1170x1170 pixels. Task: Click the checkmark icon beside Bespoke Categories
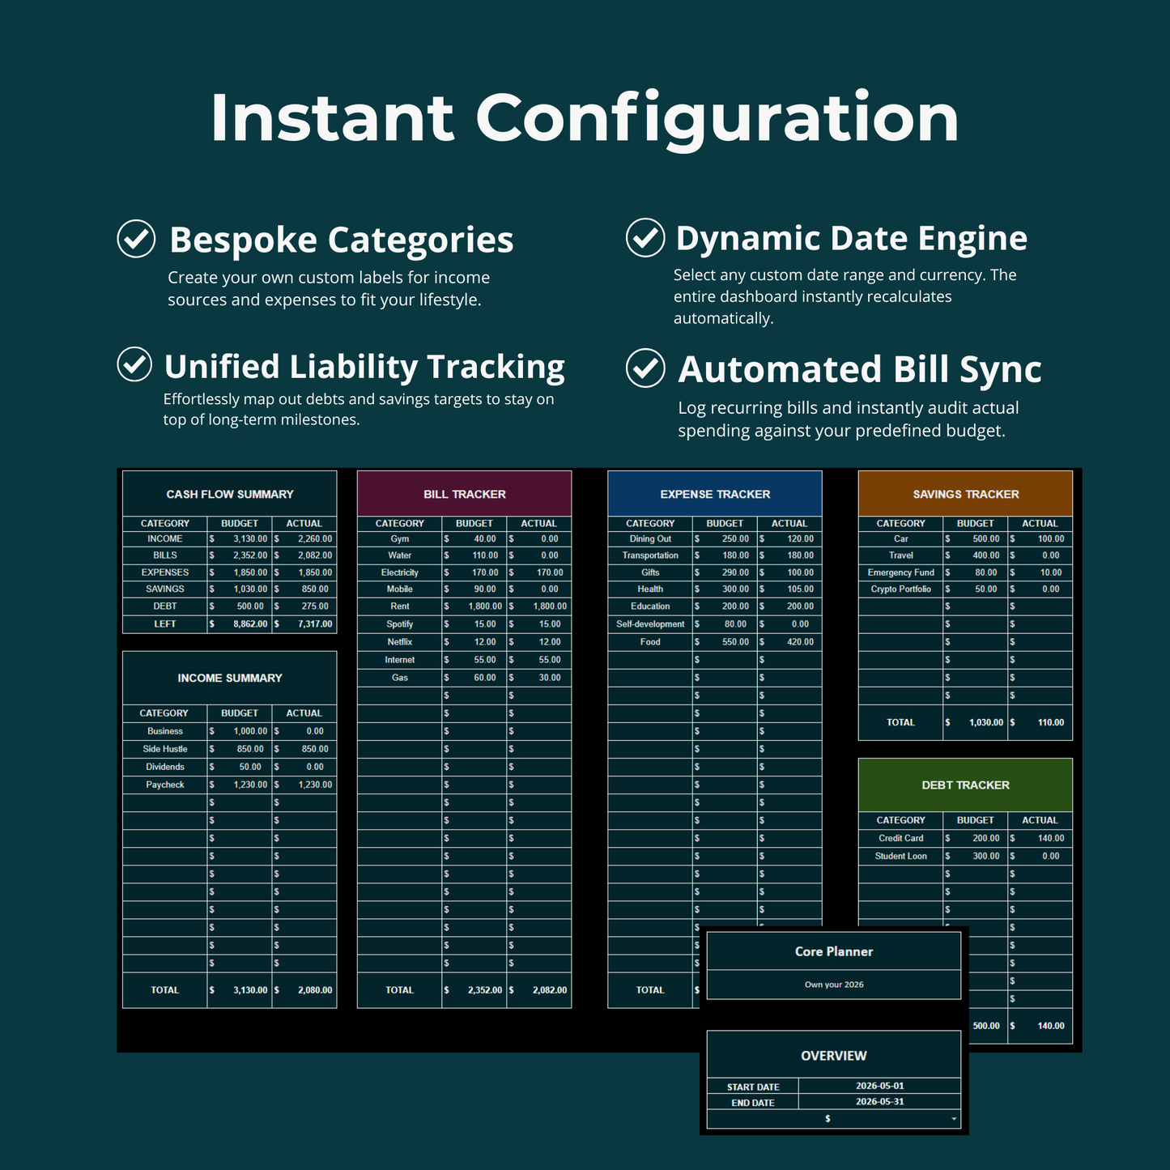point(136,239)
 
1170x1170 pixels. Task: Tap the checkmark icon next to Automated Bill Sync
point(645,368)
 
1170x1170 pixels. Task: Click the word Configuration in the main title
point(717,117)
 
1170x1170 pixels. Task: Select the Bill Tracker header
point(465,494)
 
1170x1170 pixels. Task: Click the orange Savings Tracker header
point(965,494)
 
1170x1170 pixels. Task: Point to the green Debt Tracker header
point(965,785)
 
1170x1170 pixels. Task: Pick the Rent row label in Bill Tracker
point(399,606)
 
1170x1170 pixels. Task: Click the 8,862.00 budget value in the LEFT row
point(250,623)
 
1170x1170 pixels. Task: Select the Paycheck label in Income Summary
point(164,785)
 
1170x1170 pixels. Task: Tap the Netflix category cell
point(399,642)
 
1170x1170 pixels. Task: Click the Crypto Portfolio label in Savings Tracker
point(900,589)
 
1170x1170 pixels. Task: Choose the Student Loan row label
point(900,856)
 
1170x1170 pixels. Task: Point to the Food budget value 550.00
point(735,642)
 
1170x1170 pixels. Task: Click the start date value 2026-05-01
point(880,1086)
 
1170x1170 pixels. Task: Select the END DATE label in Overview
point(753,1103)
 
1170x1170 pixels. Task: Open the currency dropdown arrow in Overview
point(954,1119)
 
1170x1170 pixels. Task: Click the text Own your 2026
point(834,985)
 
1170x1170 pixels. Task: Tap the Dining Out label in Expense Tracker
point(650,538)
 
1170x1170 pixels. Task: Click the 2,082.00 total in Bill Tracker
point(550,989)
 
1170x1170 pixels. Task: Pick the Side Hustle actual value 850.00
point(315,749)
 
